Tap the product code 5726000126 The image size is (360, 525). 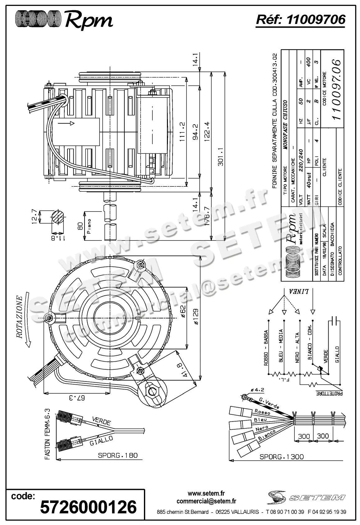pos(89,507)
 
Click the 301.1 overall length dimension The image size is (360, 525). pos(221,157)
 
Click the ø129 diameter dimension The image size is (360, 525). pos(196,316)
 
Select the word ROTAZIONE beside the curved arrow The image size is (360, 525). pos(19,317)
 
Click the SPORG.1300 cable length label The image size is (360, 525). pos(282,457)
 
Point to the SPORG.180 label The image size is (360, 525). pos(118,455)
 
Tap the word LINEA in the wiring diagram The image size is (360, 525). pos(299,291)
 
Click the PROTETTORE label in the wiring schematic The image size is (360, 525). pos(329,393)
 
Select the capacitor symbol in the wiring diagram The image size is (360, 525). pos(335,320)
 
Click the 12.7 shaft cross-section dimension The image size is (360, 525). pos(35,216)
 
